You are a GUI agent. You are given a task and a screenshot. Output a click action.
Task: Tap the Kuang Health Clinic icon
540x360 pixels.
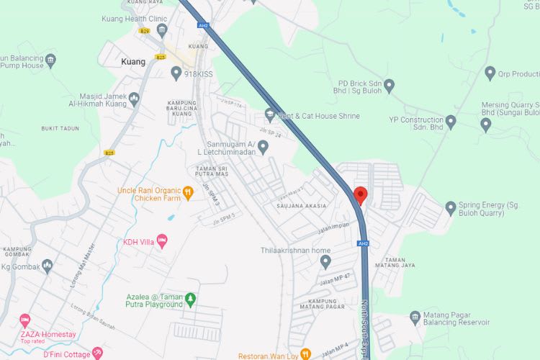coord(161,30)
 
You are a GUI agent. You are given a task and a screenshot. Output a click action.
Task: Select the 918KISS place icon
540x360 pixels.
coord(176,73)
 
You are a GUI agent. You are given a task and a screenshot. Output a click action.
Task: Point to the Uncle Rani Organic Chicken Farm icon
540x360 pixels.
coord(187,192)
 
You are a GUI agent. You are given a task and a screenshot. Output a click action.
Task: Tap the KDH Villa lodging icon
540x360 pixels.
coord(162,242)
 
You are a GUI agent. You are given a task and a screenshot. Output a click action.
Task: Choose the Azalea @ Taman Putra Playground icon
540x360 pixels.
coord(190,299)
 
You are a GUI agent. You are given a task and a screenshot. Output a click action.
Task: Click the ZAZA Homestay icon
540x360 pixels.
coord(25,320)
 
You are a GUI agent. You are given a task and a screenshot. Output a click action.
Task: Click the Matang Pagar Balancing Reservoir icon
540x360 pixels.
coord(415,318)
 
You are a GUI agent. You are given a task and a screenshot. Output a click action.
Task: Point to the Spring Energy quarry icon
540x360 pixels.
coord(451,209)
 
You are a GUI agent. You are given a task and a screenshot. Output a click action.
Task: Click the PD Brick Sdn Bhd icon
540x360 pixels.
coord(389,86)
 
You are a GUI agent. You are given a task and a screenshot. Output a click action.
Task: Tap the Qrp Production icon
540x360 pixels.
coord(490,73)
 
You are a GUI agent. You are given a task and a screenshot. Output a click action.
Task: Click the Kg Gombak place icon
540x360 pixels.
coord(48,266)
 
